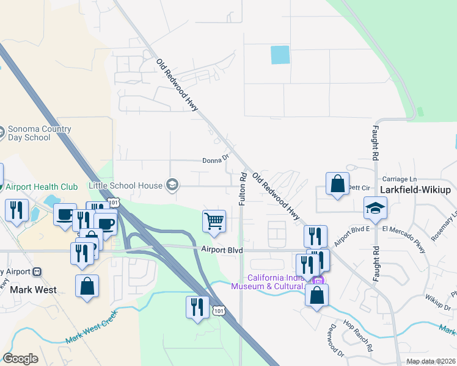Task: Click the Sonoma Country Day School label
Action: [39, 133]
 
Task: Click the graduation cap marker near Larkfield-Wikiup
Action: [375, 209]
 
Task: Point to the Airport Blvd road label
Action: [222, 250]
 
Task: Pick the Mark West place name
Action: [34, 290]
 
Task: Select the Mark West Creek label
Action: [92, 320]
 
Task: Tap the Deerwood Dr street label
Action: [337, 342]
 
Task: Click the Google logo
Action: [20, 359]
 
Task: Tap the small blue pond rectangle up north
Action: [280, 55]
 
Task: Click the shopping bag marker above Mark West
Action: [87, 287]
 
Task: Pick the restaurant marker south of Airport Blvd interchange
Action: [197, 307]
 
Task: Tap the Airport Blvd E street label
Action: [352, 231]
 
